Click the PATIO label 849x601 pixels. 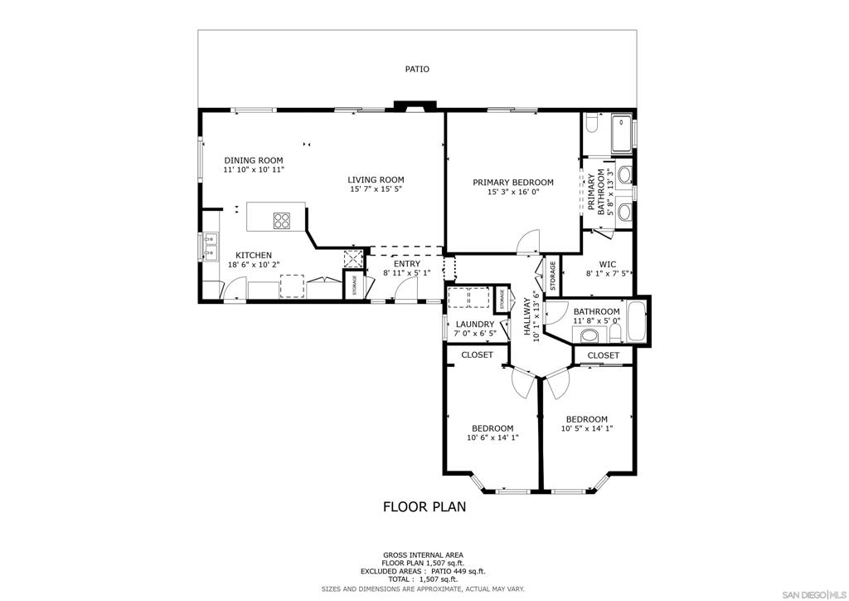click(418, 69)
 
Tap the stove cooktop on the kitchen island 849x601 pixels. click(282, 220)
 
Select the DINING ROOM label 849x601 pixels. click(254, 160)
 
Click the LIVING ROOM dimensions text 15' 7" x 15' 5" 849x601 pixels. click(376, 189)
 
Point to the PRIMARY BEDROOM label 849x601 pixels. click(513, 183)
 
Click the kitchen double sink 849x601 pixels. click(211, 245)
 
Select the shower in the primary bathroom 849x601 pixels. click(622, 134)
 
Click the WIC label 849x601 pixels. click(608, 265)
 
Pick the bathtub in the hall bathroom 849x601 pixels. click(636, 322)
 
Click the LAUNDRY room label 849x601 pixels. click(475, 325)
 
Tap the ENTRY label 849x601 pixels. click(407, 264)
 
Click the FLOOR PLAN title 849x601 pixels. click(424, 506)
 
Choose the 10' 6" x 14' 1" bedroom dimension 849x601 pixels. click(492, 437)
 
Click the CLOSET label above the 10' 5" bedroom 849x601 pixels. click(604, 355)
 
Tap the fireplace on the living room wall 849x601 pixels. click(415, 106)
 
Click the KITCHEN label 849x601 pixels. click(254, 255)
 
